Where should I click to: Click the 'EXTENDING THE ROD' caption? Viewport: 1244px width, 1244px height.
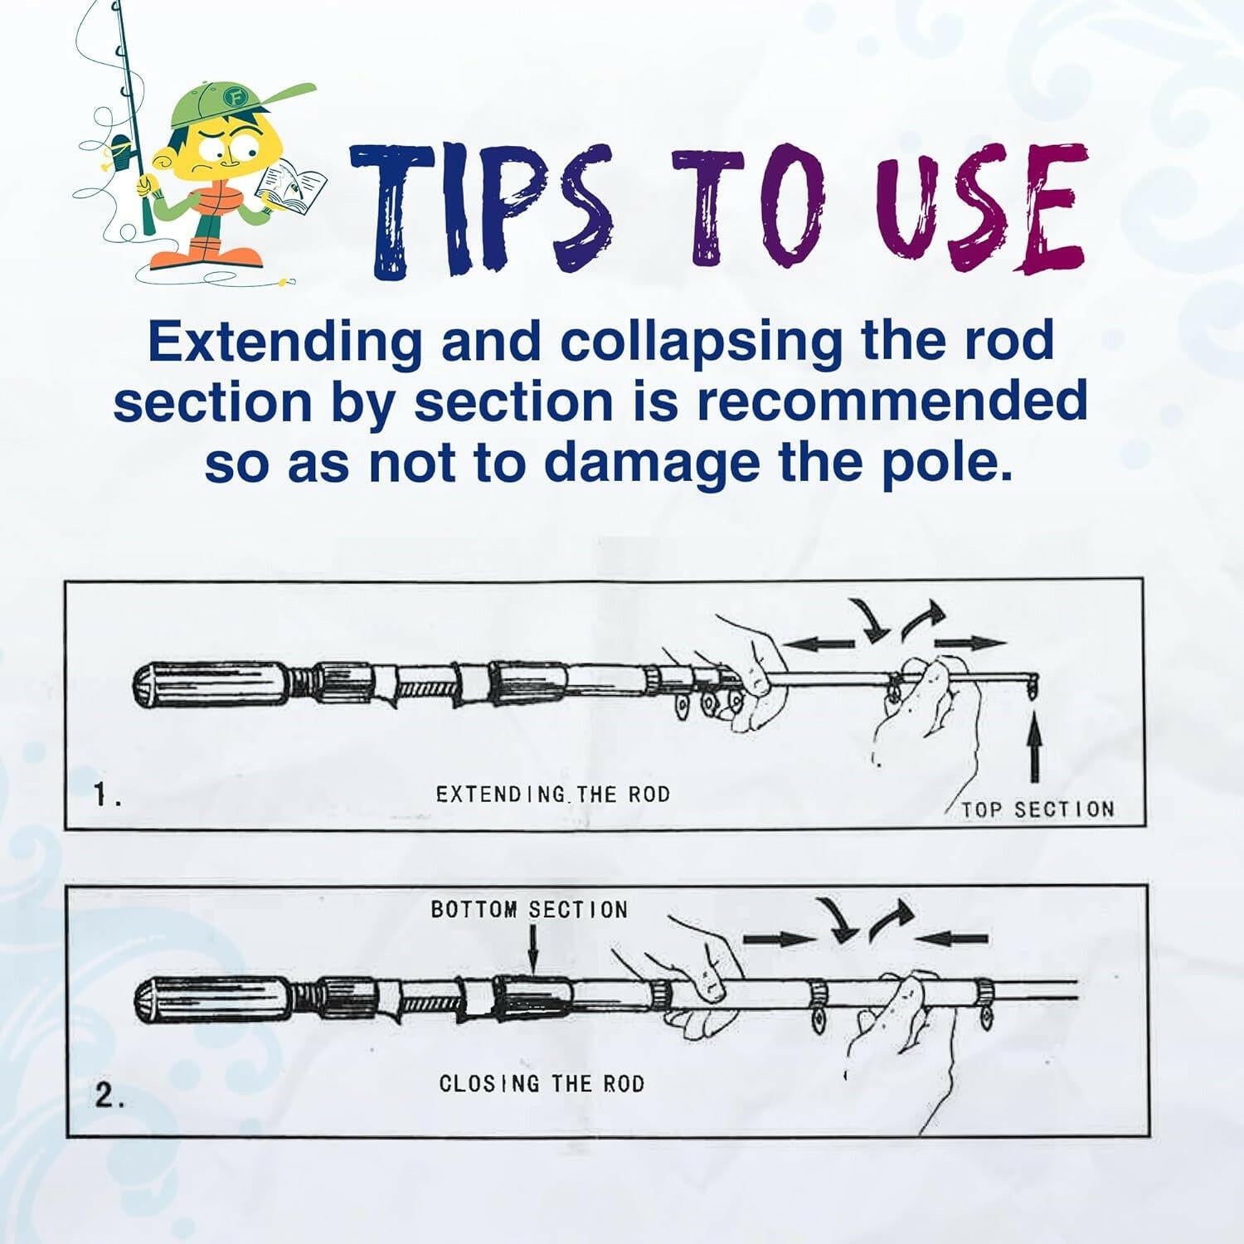pos(552,795)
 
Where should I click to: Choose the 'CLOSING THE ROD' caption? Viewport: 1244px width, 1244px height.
pos(542,1084)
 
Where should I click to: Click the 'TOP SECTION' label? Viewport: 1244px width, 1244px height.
pos(1037,809)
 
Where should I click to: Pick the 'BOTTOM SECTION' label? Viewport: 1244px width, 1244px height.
pos(529,910)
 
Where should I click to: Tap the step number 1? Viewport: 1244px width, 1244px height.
pos(106,797)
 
